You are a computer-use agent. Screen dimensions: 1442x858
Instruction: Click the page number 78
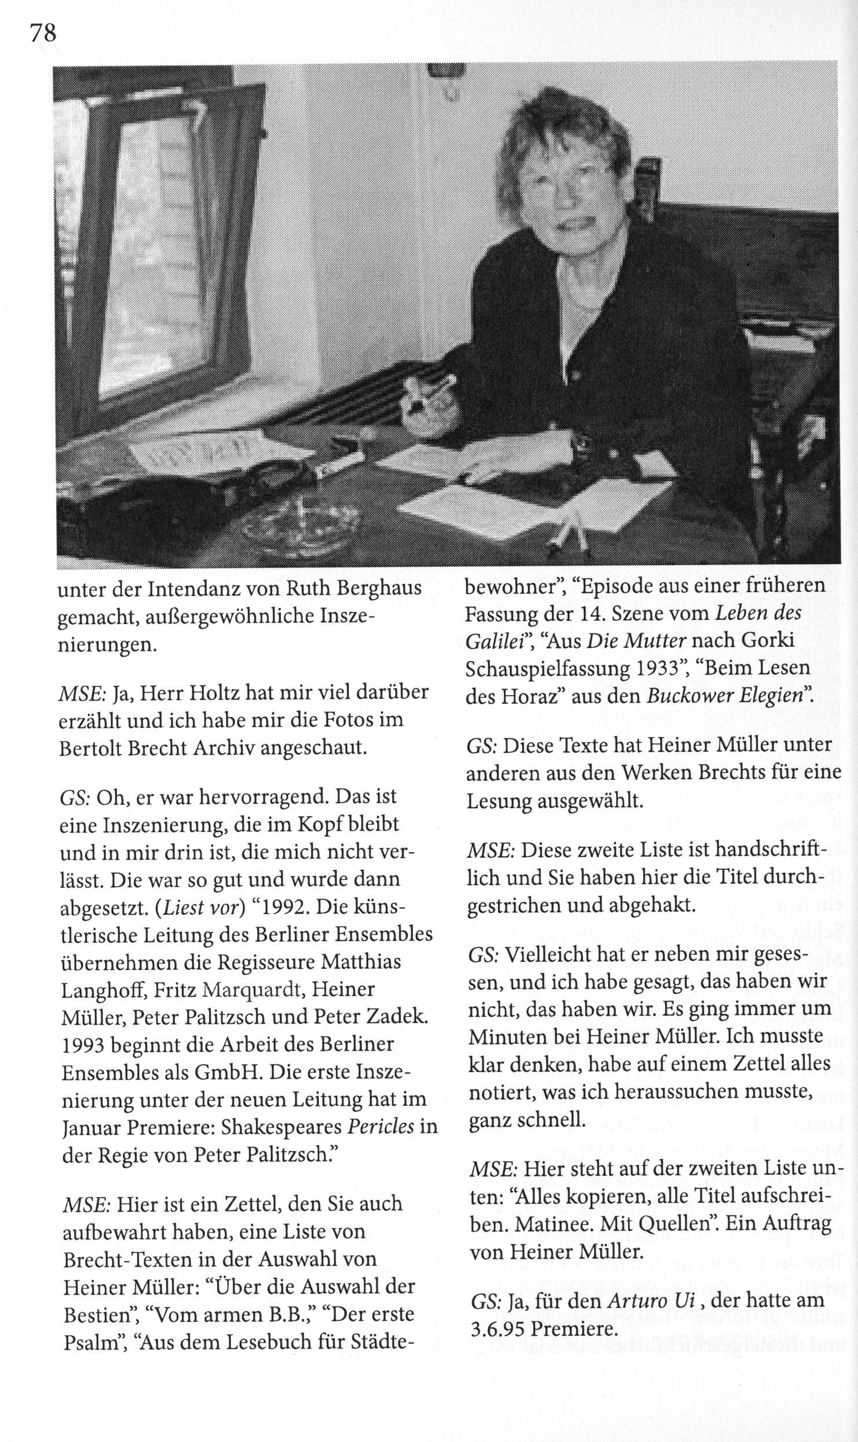click(x=43, y=34)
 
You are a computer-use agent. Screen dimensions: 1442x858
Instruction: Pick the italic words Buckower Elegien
click(x=725, y=695)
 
